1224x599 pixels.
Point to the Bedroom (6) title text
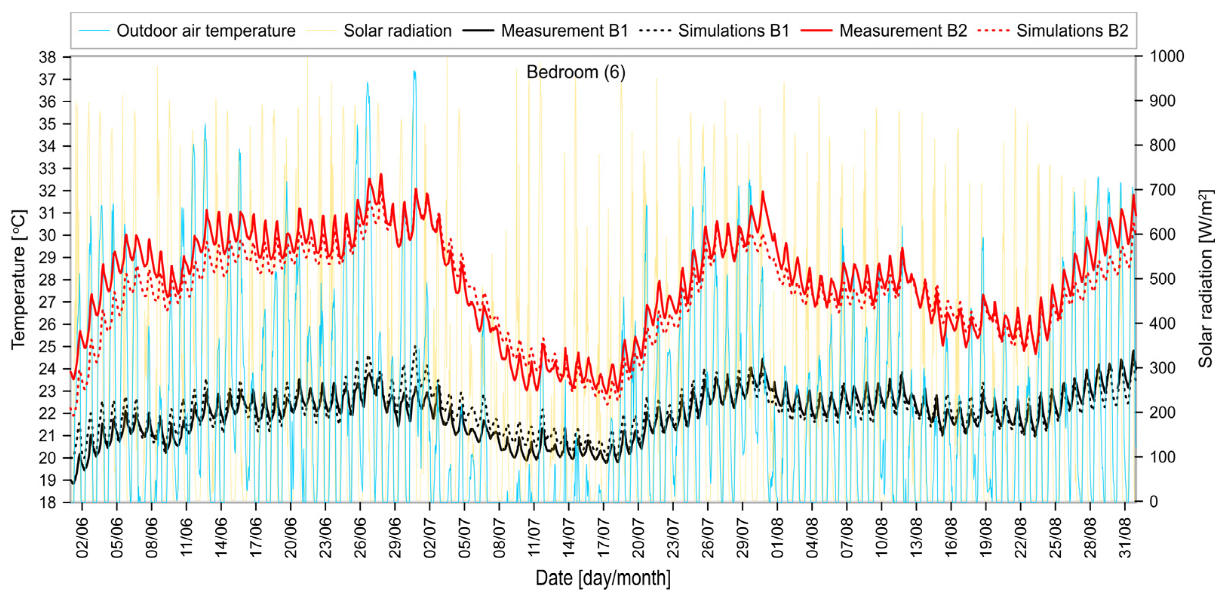click(576, 72)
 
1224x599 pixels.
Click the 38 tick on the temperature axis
click(48, 57)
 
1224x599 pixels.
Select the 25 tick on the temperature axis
click(48, 347)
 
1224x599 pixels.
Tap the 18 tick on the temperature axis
click(48, 502)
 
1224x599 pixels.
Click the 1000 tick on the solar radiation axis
click(1167, 57)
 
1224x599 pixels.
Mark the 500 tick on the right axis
click(1162, 279)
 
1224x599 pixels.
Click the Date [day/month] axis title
click(602, 578)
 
